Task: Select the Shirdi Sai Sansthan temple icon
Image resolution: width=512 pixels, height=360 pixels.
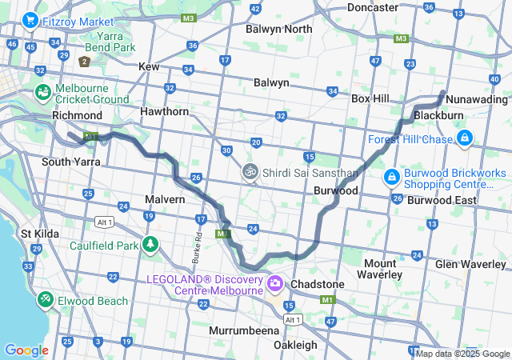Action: tap(250, 172)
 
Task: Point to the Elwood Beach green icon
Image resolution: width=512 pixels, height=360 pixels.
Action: tap(45, 300)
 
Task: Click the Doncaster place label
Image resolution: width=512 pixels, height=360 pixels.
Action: tap(373, 7)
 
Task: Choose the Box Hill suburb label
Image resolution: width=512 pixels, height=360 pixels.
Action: tap(370, 98)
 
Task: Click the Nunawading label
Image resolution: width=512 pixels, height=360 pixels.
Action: tap(477, 100)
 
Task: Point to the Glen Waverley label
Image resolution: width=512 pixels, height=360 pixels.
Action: tap(472, 264)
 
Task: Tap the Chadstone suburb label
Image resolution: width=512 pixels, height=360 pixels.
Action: tap(318, 284)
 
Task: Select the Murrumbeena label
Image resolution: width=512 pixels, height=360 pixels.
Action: tap(243, 330)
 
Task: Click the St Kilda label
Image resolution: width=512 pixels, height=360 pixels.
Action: tap(37, 234)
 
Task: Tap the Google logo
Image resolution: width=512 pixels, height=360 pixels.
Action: tap(26, 350)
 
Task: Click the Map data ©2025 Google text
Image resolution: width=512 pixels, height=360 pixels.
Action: tap(462, 354)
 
